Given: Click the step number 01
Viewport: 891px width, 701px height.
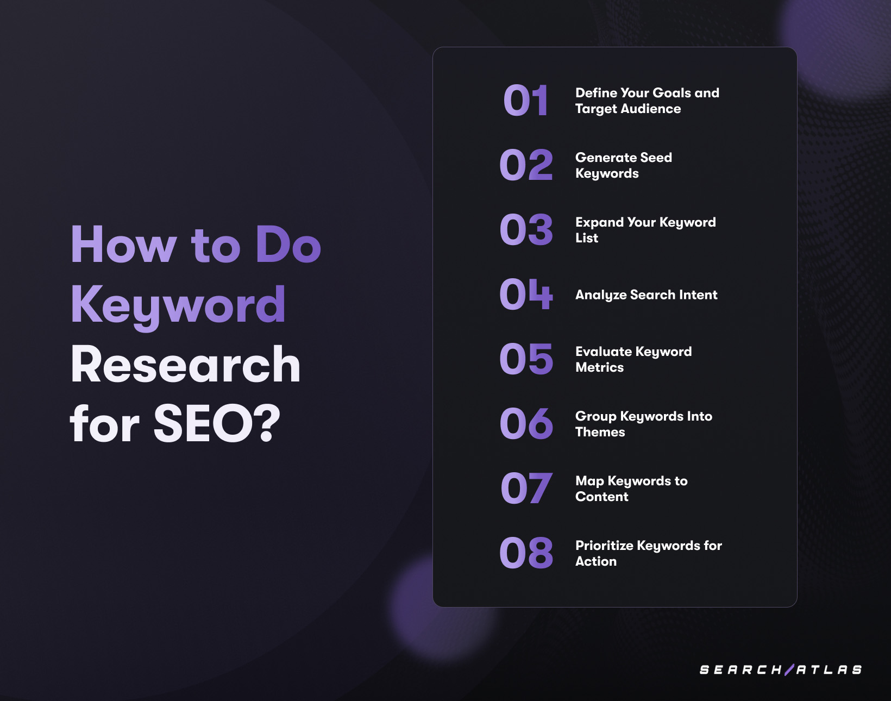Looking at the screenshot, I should pyautogui.click(x=525, y=101).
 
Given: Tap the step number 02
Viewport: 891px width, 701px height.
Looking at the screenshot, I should pyautogui.click(x=526, y=165).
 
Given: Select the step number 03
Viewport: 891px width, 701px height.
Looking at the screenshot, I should pyautogui.click(x=526, y=230).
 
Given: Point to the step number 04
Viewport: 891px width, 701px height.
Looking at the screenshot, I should pyautogui.click(x=526, y=295).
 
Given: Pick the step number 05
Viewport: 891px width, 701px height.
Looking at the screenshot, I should pyautogui.click(x=526, y=359).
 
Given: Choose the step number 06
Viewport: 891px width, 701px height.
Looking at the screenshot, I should pyautogui.click(x=526, y=424).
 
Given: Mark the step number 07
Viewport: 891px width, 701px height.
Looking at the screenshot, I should pyautogui.click(x=526, y=489).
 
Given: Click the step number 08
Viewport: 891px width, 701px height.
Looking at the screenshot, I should pyautogui.click(x=526, y=553).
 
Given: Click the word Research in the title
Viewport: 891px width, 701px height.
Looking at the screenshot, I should pyautogui.click(x=185, y=365).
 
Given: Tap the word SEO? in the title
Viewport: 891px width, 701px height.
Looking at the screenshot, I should pyautogui.click(x=217, y=424).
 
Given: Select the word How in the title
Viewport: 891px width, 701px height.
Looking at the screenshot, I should pyautogui.click(x=123, y=245).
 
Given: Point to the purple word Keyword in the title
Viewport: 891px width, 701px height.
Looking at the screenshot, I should pyautogui.click(x=178, y=305).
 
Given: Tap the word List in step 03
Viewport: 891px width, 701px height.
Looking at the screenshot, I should pyautogui.click(x=586, y=238).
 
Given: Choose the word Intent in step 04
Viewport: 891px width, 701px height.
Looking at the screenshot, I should pyautogui.click(x=698, y=295).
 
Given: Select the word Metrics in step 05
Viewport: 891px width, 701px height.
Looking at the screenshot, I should pyautogui.click(x=599, y=367).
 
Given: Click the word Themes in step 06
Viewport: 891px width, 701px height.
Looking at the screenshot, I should pyautogui.click(x=600, y=432).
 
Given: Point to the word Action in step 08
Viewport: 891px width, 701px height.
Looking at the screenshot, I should pyautogui.click(x=595, y=561).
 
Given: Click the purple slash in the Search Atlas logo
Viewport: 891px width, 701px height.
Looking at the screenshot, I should pyautogui.click(x=789, y=669).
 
